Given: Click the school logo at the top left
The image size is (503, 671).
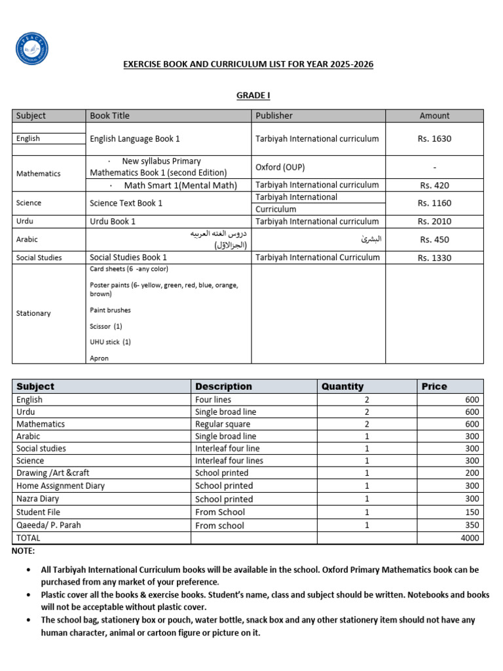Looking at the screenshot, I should [31, 48].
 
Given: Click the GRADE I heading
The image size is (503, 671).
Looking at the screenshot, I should [253, 96].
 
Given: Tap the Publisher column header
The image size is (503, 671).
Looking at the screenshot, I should [274, 116].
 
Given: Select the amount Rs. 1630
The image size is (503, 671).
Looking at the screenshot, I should [434, 139].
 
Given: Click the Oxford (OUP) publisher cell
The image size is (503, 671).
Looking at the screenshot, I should [280, 167].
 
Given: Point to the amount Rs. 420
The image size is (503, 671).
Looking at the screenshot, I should [434, 185].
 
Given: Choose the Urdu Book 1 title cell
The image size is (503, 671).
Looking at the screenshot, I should [113, 221].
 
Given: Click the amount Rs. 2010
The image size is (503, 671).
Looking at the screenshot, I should [434, 221].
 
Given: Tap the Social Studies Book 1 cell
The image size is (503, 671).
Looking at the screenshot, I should [128, 258].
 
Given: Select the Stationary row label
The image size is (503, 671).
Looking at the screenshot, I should [33, 313].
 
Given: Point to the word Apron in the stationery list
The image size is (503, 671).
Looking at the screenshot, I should [100, 358].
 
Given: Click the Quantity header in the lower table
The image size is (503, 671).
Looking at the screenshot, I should [342, 387].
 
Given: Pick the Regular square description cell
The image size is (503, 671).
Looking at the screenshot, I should [223, 424].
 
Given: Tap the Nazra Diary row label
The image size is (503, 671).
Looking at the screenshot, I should [39, 499].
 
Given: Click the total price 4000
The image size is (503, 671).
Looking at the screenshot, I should [470, 538].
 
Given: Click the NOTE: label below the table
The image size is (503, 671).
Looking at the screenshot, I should [24, 551].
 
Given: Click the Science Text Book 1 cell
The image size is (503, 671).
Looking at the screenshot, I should [126, 203].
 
